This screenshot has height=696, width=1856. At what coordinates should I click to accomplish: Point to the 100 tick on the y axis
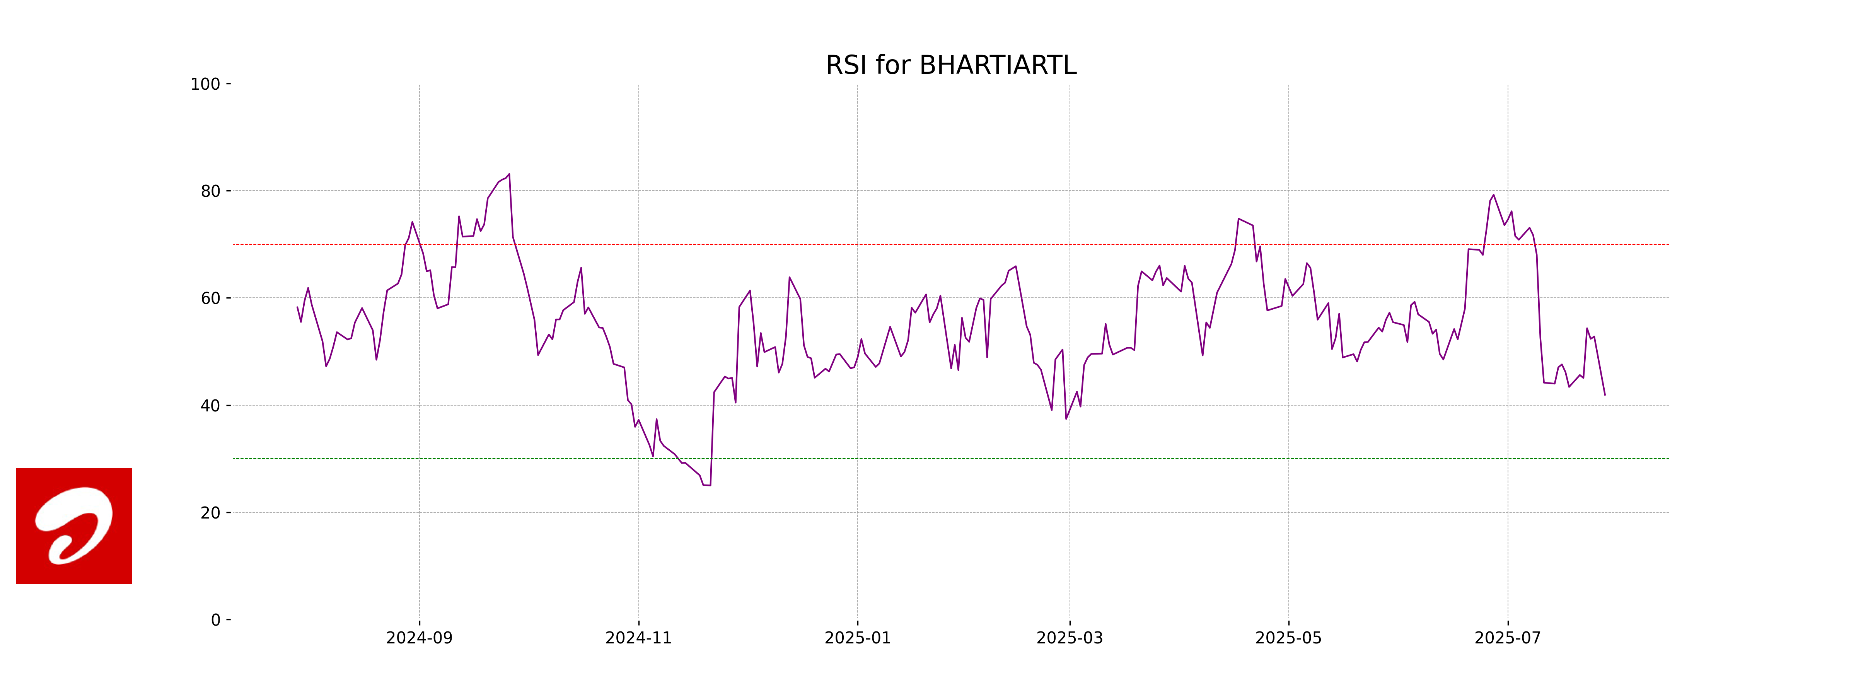tap(205, 84)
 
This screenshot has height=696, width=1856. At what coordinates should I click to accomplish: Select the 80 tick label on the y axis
tap(210, 192)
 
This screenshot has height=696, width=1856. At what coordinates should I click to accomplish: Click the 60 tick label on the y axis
tap(210, 298)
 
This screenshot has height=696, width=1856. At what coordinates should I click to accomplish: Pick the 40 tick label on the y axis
tap(210, 406)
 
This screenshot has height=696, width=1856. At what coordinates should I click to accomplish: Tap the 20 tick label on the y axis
tap(210, 513)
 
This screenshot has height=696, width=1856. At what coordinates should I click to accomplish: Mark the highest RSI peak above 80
tap(509, 174)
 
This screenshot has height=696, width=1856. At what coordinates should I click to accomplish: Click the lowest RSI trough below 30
tap(707, 485)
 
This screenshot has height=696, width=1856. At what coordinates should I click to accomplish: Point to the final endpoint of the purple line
tap(1605, 395)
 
